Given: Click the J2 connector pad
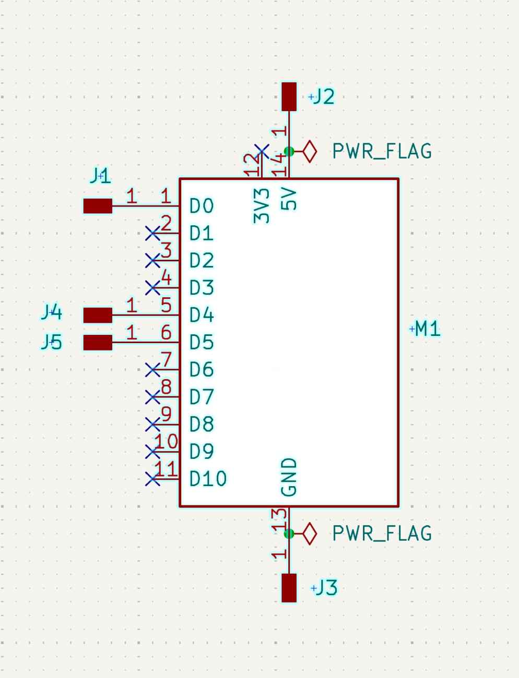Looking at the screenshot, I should [x=289, y=96].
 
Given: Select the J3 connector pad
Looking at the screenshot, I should [x=289, y=588].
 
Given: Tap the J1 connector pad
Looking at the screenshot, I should [x=98, y=206].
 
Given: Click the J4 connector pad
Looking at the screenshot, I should [x=98, y=315].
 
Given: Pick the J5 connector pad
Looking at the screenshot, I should [x=98, y=342].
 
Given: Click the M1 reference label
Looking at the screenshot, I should [x=428, y=329].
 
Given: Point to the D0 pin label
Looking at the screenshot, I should [x=202, y=207].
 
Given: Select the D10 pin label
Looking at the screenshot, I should [x=208, y=479].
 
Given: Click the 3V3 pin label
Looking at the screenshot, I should [x=262, y=206].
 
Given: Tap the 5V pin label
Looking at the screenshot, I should [x=289, y=199].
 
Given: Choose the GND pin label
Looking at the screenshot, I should [x=289, y=477].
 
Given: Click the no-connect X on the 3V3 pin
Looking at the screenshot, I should [x=262, y=152].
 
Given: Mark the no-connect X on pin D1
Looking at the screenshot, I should [x=152, y=233].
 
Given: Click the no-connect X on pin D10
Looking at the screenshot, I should [x=152, y=478].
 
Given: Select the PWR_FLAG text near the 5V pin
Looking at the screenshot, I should [x=382, y=152].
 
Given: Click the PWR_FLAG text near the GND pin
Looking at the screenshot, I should [x=382, y=534].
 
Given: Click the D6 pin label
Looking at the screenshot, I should [x=202, y=370].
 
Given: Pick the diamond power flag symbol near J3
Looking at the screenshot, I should [x=310, y=534].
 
